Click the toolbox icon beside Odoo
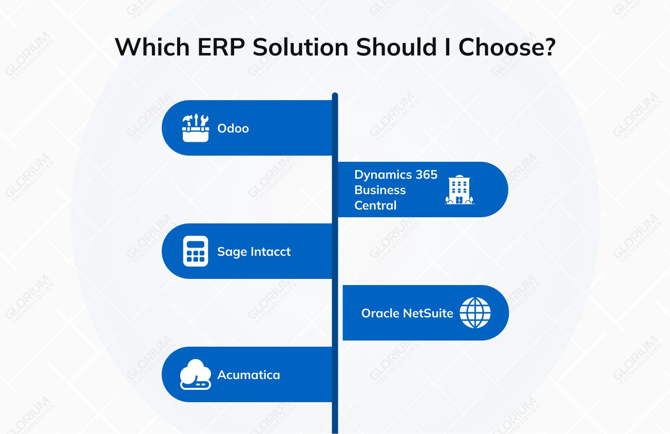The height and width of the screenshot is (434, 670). click(196, 128)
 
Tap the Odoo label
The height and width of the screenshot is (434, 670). click(233, 128)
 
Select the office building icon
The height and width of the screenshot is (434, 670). click(460, 190)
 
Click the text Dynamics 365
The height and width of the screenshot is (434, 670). click(396, 175)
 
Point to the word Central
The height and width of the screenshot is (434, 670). click(375, 205)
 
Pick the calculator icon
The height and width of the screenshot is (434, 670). click(196, 251)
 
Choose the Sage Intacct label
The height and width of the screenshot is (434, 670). click(254, 252)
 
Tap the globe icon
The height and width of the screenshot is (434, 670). click(475, 313)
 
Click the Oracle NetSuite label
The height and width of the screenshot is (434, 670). click(407, 313)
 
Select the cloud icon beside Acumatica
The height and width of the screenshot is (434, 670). click(196, 374)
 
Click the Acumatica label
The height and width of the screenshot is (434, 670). click(248, 375)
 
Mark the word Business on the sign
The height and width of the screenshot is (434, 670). click(380, 190)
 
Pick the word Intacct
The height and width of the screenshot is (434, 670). click(271, 252)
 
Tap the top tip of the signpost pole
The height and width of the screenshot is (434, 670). click(335, 95)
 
